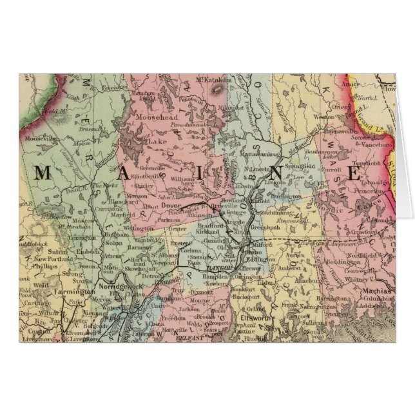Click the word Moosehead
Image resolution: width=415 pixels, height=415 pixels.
pos(159,119)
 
